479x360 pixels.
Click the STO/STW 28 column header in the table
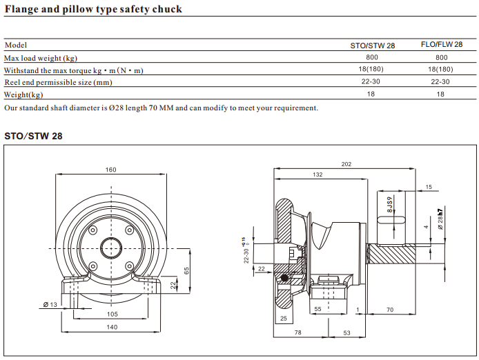tap(371, 46)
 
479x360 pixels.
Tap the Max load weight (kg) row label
tap(41, 58)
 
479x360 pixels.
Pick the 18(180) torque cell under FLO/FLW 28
tap(440, 70)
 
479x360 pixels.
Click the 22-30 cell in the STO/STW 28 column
tap(371, 82)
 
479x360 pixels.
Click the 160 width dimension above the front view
tap(110, 170)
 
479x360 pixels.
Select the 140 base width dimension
tap(110, 328)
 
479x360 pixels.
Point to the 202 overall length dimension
tap(346, 164)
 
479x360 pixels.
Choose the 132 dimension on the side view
tap(317, 175)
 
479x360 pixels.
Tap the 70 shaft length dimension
tap(390, 310)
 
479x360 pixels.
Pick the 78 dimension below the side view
tap(297, 332)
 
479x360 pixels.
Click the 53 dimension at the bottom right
tap(347, 332)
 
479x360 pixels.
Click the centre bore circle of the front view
tap(110, 245)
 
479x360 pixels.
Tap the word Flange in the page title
tap(23, 10)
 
